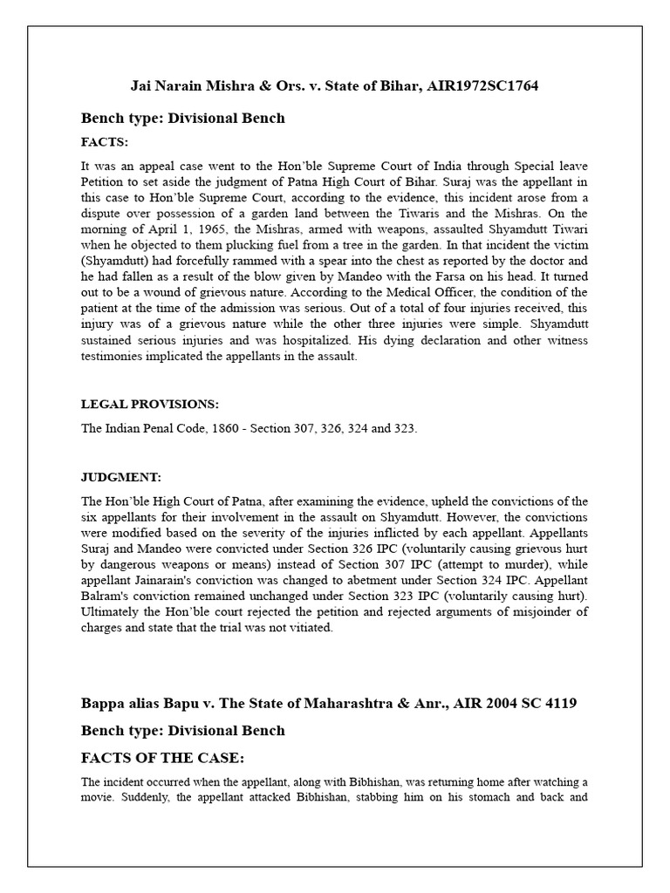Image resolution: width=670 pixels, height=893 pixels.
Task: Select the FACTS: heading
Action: coord(105,141)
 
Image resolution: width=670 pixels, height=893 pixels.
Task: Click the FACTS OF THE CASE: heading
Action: coord(157,757)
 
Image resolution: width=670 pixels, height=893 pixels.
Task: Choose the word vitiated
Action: coord(314,627)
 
